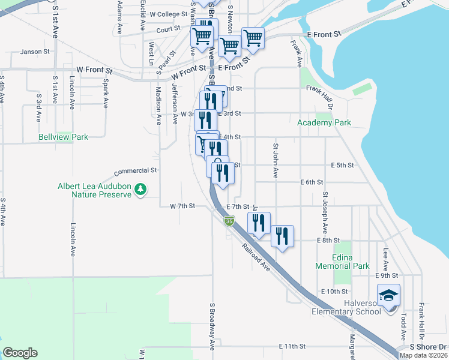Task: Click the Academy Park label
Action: point(324,123)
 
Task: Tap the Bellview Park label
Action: point(63,137)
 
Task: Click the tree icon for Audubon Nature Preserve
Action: point(140,190)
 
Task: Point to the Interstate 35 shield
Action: point(229,221)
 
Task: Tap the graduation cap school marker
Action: point(388,295)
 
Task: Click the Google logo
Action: point(20,353)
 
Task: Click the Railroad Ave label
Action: point(256,256)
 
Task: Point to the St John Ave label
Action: point(276,161)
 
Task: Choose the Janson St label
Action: point(35,52)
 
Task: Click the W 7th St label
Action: point(182,206)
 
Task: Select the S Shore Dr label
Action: point(428,347)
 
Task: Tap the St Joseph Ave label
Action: point(325,213)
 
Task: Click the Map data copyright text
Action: point(423,355)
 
